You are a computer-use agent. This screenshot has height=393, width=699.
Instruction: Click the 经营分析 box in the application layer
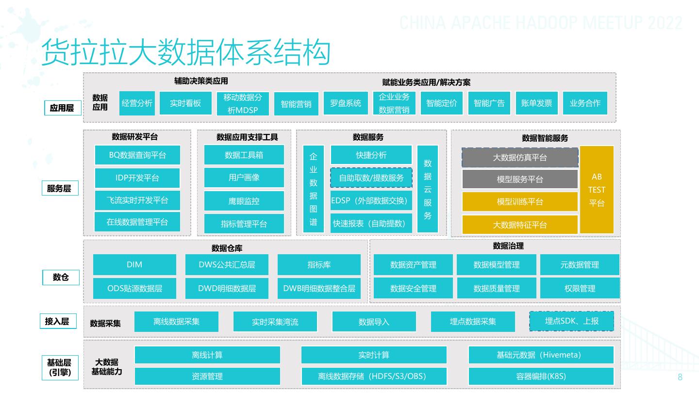click(x=137, y=103)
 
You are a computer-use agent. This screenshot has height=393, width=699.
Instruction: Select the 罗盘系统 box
click(x=346, y=103)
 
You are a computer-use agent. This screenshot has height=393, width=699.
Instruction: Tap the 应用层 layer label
click(x=62, y=108)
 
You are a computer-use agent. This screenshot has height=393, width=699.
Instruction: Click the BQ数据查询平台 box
click(x=137, y=155)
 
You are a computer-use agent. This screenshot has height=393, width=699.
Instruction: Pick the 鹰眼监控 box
click(x=244, y=201)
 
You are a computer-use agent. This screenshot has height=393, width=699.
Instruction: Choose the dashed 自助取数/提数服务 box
click(x=371, y=178)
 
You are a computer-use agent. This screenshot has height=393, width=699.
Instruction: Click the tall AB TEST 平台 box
click(x=597, y=190)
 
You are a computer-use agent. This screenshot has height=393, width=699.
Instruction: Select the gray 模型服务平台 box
click(x=520, y=179)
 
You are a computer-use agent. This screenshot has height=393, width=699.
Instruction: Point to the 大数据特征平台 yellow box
click(x=520, y=225)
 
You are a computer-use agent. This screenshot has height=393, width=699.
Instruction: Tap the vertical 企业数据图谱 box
click(x=313, y=189)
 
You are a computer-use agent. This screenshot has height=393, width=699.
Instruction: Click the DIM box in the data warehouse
click(x=134, y=265)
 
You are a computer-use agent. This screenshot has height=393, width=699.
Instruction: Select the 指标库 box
click(x=319, y=265)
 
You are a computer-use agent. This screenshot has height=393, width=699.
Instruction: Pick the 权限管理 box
click(x=580, y=288)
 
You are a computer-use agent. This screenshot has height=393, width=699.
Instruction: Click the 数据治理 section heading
click(x=508, y=246)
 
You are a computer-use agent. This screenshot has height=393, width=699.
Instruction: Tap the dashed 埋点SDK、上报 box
click(x=571, y=321)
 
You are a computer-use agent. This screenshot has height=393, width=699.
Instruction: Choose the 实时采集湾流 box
click(x=275, y=322)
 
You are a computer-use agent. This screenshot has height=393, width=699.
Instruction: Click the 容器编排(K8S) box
click(x=541, y=376)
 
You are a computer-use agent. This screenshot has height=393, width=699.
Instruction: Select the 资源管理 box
click(x=207, y=376)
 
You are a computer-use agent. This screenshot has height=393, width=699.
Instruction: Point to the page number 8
click(x=680, y=377)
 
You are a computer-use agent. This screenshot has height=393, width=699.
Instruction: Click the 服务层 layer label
click(x=59, y=189)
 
